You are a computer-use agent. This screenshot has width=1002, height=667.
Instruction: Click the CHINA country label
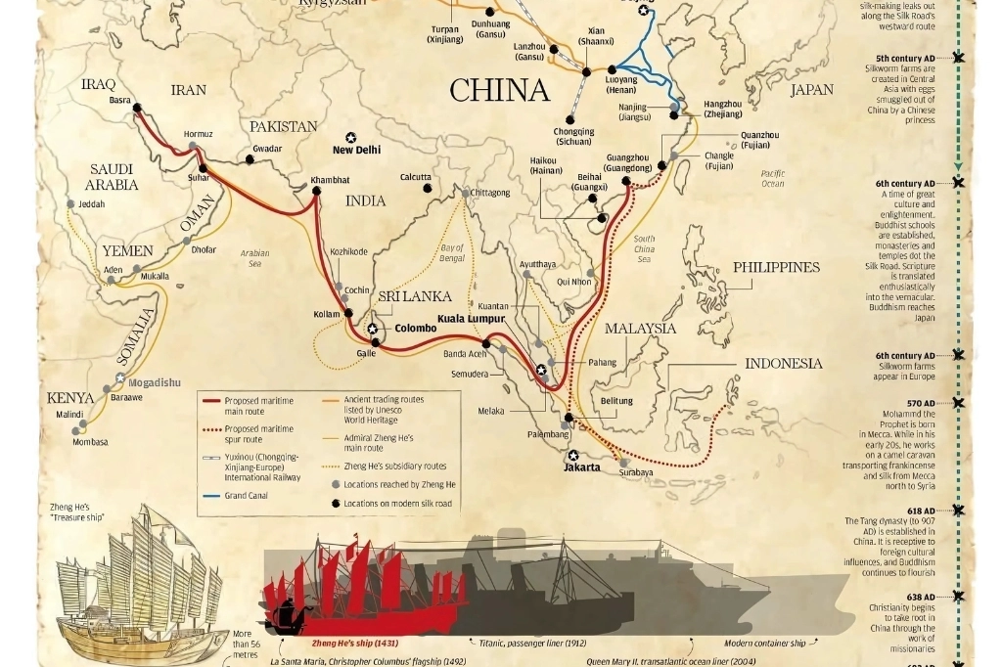tap(499, 91)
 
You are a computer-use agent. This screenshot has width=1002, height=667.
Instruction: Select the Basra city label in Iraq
tap(120, 100)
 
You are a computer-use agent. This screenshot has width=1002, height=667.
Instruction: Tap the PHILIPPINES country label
tap(776, 267)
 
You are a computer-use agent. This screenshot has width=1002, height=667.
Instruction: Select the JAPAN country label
tap(811, 90)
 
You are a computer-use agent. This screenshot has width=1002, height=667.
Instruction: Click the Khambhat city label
tap(329, 180)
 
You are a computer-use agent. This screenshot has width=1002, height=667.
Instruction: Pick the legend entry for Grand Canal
tap(246, 495)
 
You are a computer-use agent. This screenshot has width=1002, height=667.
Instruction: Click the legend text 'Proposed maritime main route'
tap(258, 405)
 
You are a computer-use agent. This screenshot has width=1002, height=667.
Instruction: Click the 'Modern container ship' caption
tap(765, 644)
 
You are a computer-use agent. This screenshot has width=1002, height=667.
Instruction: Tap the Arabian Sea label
tap(254, 258)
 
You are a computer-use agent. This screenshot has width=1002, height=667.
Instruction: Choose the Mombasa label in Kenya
tap(90, 442)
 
